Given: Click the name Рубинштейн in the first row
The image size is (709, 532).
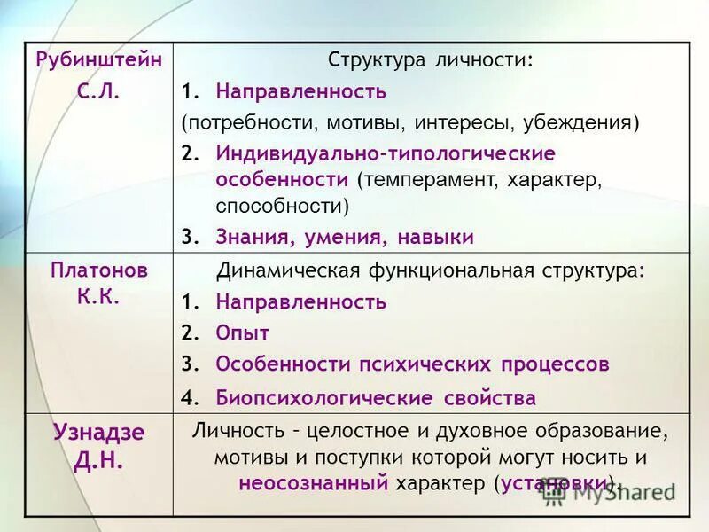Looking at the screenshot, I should coord(99,60).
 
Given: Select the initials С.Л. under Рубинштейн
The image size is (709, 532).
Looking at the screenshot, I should coord(98,90).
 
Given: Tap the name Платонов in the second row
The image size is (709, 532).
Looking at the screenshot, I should coord(99,270).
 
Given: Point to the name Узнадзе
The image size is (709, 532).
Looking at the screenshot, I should coord(98,433).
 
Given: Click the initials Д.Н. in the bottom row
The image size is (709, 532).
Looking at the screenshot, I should coord(98,461).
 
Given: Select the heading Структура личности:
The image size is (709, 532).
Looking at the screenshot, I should coord(432,61).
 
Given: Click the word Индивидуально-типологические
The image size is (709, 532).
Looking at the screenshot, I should coord(386,153).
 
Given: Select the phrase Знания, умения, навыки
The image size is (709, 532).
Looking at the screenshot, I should coord(345,237).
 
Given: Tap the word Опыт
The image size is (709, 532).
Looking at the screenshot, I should coord(242,332).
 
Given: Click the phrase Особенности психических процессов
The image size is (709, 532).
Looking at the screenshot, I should coord(412,364).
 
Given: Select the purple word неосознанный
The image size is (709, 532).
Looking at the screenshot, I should coord(314,483).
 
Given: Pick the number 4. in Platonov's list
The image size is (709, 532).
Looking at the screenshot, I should coord(189,397).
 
